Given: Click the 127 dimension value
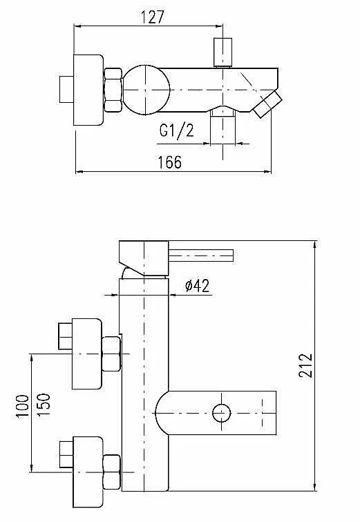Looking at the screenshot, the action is click(x=153, y=17).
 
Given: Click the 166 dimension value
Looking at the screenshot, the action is click(x=169, y=162).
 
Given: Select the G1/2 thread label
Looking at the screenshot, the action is click(x=176, y=131).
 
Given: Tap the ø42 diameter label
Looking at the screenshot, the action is click(x=198, y=286).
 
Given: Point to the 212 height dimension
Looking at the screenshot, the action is click(x=305, y=365).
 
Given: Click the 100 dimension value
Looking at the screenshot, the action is click(x=22, y=406).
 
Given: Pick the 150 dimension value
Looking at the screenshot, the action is click(x=44, y=405).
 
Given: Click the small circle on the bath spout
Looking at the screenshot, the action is click(x=222, y=413).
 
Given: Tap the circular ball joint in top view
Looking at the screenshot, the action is click(x=146, y=90).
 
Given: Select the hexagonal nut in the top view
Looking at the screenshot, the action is click(x=113, y=90).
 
